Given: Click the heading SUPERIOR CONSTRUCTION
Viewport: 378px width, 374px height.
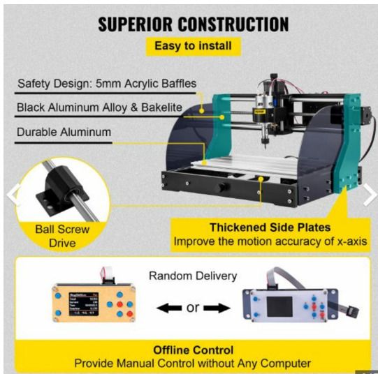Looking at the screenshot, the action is [194, 24].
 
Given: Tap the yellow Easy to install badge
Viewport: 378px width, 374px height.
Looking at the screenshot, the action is [194, 46].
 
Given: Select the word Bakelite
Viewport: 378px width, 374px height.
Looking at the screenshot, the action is [162, 107].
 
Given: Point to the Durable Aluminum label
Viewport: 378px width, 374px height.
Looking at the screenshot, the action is [64, 132].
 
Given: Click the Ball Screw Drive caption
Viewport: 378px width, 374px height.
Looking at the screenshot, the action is [62, 236].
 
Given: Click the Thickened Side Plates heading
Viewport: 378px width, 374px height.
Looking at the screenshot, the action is [270, 227].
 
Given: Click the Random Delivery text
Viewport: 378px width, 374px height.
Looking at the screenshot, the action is [193, 276].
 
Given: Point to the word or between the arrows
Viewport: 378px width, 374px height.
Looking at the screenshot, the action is [193, 308].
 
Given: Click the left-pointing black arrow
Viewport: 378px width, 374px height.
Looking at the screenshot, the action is [169, 308].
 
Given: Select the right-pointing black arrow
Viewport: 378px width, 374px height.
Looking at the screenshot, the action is [217, 308].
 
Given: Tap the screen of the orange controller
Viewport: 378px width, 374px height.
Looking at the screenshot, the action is [84, 304].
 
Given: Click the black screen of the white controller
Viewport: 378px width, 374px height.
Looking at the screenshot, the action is [279, 306].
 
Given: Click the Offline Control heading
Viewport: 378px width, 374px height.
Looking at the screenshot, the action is [194, 350].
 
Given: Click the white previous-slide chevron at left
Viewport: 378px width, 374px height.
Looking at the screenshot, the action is [13, 195].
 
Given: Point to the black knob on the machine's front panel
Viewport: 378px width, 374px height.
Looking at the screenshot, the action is [222, 188].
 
